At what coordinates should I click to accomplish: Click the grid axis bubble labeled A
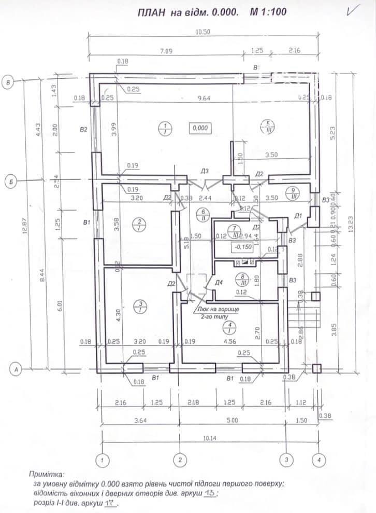coord(17,370)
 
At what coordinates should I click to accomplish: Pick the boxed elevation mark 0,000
coord(200,128)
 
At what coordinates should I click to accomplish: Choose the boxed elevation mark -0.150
coord(243,247)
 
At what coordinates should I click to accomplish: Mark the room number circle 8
coord(243,278)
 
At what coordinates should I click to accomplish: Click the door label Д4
coord(219,283)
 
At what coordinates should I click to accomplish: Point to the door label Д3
coord(205,171)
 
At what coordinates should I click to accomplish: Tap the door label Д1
coord(298,215)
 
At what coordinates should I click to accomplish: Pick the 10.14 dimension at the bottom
coord(210,438)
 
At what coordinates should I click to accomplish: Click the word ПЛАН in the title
coord(152,13)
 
